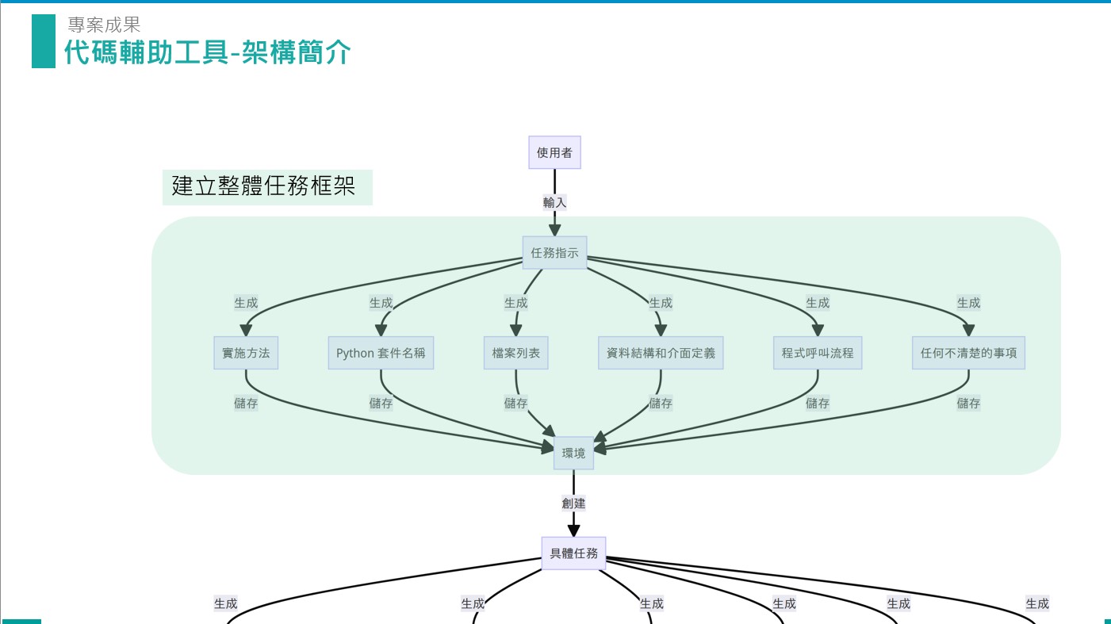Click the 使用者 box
pos(554,152)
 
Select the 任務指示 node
pos(554,253)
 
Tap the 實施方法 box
pos(246,353)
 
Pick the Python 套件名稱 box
pos(381,353)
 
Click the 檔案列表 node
pos(516,353)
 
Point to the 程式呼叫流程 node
pos(818,353)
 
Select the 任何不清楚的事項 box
pos(968,353)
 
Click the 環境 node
pos(573,453)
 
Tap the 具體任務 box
pos(573,553)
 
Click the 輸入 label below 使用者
pos(554,202)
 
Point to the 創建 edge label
pos(573,503)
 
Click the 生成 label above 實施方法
pos(246,302)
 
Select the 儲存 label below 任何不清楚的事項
pos(968,403)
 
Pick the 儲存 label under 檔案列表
pos(516,403)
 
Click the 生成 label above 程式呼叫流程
pos(818,302)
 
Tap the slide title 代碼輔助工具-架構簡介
pos(207,53)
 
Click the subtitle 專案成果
pos(104,25)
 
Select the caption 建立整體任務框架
pos(263,187)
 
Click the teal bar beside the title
pos(44,41)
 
